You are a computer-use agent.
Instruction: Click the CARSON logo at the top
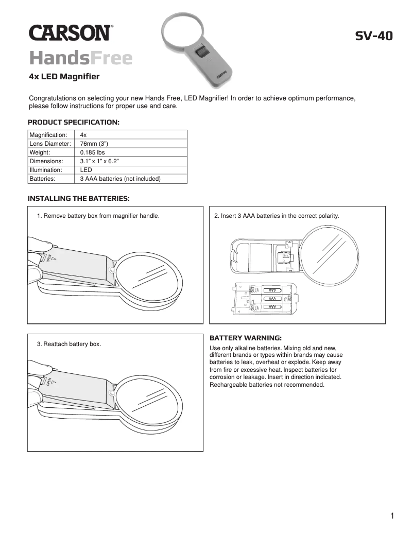coord(70,33)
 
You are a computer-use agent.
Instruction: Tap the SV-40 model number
coord(374,36)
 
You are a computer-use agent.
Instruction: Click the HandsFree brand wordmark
coord(81,58)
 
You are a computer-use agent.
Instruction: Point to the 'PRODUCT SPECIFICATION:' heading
coord(73,123)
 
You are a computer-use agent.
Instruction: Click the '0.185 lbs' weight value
coord(92,152)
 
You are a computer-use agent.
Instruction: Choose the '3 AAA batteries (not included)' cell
coord(120,179)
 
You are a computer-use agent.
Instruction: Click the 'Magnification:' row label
coord(48,134)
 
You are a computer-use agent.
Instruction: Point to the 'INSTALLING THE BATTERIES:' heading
coord(78,198)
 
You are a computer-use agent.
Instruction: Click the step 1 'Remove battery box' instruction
coord(98,216)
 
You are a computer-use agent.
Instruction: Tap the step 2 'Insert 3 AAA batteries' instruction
coord(277,216)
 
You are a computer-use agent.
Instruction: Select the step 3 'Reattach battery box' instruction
coord(68,343)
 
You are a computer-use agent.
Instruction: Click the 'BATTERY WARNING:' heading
coord(246,338)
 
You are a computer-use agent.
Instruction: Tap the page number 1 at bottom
coord(392,516)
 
